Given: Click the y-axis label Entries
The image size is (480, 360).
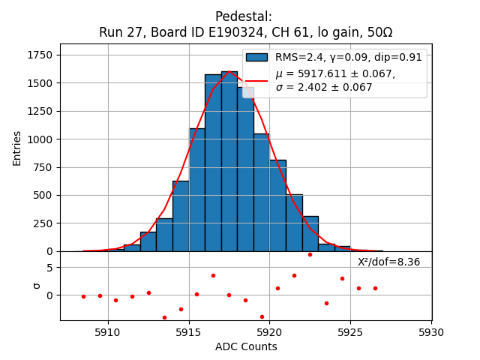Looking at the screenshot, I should coord(17,148).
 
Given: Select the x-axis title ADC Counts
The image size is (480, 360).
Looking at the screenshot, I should coord(246,346).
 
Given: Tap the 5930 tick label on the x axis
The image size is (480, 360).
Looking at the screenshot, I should coord(431,331).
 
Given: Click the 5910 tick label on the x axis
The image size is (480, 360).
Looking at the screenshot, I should coord(108,331).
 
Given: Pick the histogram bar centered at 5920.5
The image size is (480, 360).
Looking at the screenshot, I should coord(277,205).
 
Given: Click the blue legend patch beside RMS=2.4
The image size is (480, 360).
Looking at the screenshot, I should coord(256,58).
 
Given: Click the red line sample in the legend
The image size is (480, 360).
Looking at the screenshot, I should coord(256,79).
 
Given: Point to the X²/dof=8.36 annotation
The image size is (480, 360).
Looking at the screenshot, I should coord(388,262).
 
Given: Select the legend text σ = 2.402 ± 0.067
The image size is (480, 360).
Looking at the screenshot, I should coord(324,88).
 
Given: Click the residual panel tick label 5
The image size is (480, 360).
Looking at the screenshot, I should coord(49,268).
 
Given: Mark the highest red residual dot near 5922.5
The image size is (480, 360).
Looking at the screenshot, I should coord(310,254).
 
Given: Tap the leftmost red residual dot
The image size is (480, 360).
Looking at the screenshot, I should coord(83,296).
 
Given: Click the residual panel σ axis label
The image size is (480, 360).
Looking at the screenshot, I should coord(35,286).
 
